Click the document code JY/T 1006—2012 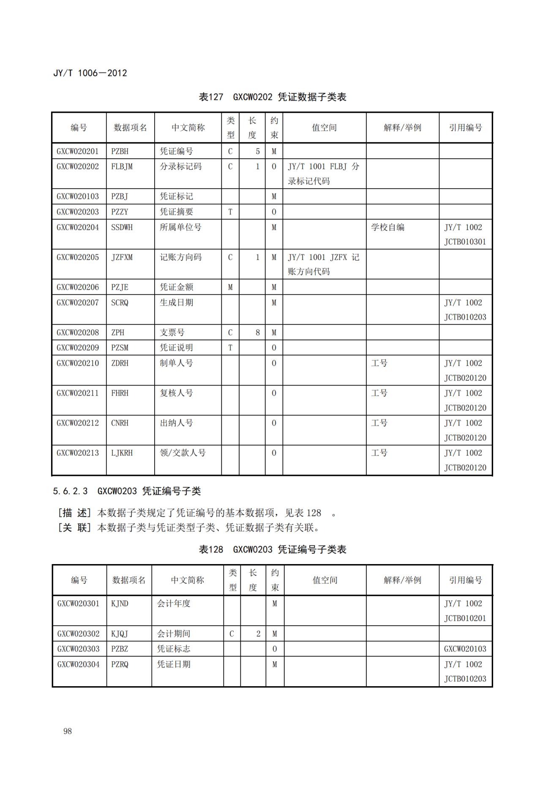click(90, 73)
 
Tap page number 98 click(68, 731)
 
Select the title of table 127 click(273, 97)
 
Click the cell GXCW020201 click(78, 151)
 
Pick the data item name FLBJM click(122, 166)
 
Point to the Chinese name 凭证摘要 click(176, 212)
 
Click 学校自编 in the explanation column click(387, 227)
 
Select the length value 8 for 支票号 click(257, 332)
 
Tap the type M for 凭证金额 click(230, 287)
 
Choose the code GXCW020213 click(78, 453)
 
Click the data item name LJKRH click(122, 453)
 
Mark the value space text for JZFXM click(324, 264)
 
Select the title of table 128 click(273, 549)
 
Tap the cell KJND click(120, 603)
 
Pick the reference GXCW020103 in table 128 click(465, 649)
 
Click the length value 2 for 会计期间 click(258, 633)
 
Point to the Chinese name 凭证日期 click(174, 664)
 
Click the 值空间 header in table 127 click(324, 128)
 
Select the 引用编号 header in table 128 click(465, 580)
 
